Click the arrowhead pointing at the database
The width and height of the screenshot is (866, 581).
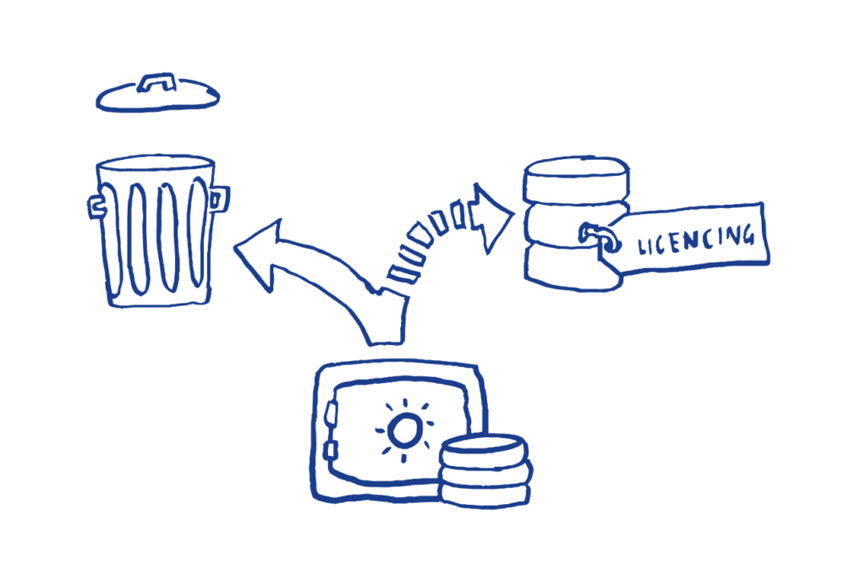click(495, 218)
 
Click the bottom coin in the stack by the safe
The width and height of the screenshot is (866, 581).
click(483, 493)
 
